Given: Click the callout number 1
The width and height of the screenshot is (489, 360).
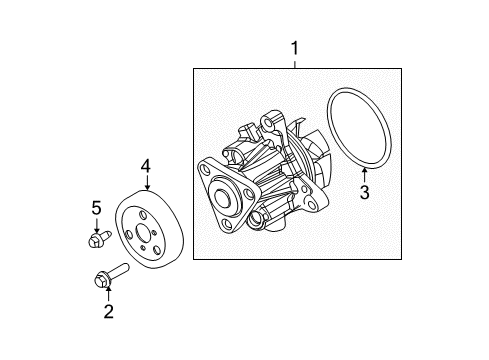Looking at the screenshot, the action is coord(295,48).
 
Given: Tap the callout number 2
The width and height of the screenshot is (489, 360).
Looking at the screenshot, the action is coord(109,311).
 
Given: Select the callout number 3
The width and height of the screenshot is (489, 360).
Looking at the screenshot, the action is coord(365,192).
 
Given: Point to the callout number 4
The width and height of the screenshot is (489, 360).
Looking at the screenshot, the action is coord(146,166).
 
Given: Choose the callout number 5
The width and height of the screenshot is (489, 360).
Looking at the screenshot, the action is coord(96,208).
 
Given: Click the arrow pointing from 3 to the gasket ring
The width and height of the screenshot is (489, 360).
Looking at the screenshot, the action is coord(365,175).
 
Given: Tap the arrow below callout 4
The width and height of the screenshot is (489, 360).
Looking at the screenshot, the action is coord(147,183).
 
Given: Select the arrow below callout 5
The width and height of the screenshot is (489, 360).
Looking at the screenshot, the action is coord(96,226).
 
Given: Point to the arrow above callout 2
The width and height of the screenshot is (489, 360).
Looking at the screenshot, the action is coord(108,293).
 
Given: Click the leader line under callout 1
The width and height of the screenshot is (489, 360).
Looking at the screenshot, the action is coord(295,64).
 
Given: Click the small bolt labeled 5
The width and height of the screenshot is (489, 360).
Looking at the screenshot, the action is coord(100,239).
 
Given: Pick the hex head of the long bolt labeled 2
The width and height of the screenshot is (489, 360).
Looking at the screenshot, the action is coord(102,280).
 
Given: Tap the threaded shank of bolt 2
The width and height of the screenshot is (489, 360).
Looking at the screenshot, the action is coord(119,270).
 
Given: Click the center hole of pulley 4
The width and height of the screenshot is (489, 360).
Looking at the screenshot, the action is coord(142,233).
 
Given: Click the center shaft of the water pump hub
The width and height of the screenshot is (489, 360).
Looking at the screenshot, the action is coord(222,198).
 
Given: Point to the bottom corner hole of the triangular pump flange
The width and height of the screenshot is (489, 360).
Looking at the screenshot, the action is coord(227,224).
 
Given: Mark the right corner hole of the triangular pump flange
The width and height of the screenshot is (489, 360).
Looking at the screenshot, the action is coord(248,194).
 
